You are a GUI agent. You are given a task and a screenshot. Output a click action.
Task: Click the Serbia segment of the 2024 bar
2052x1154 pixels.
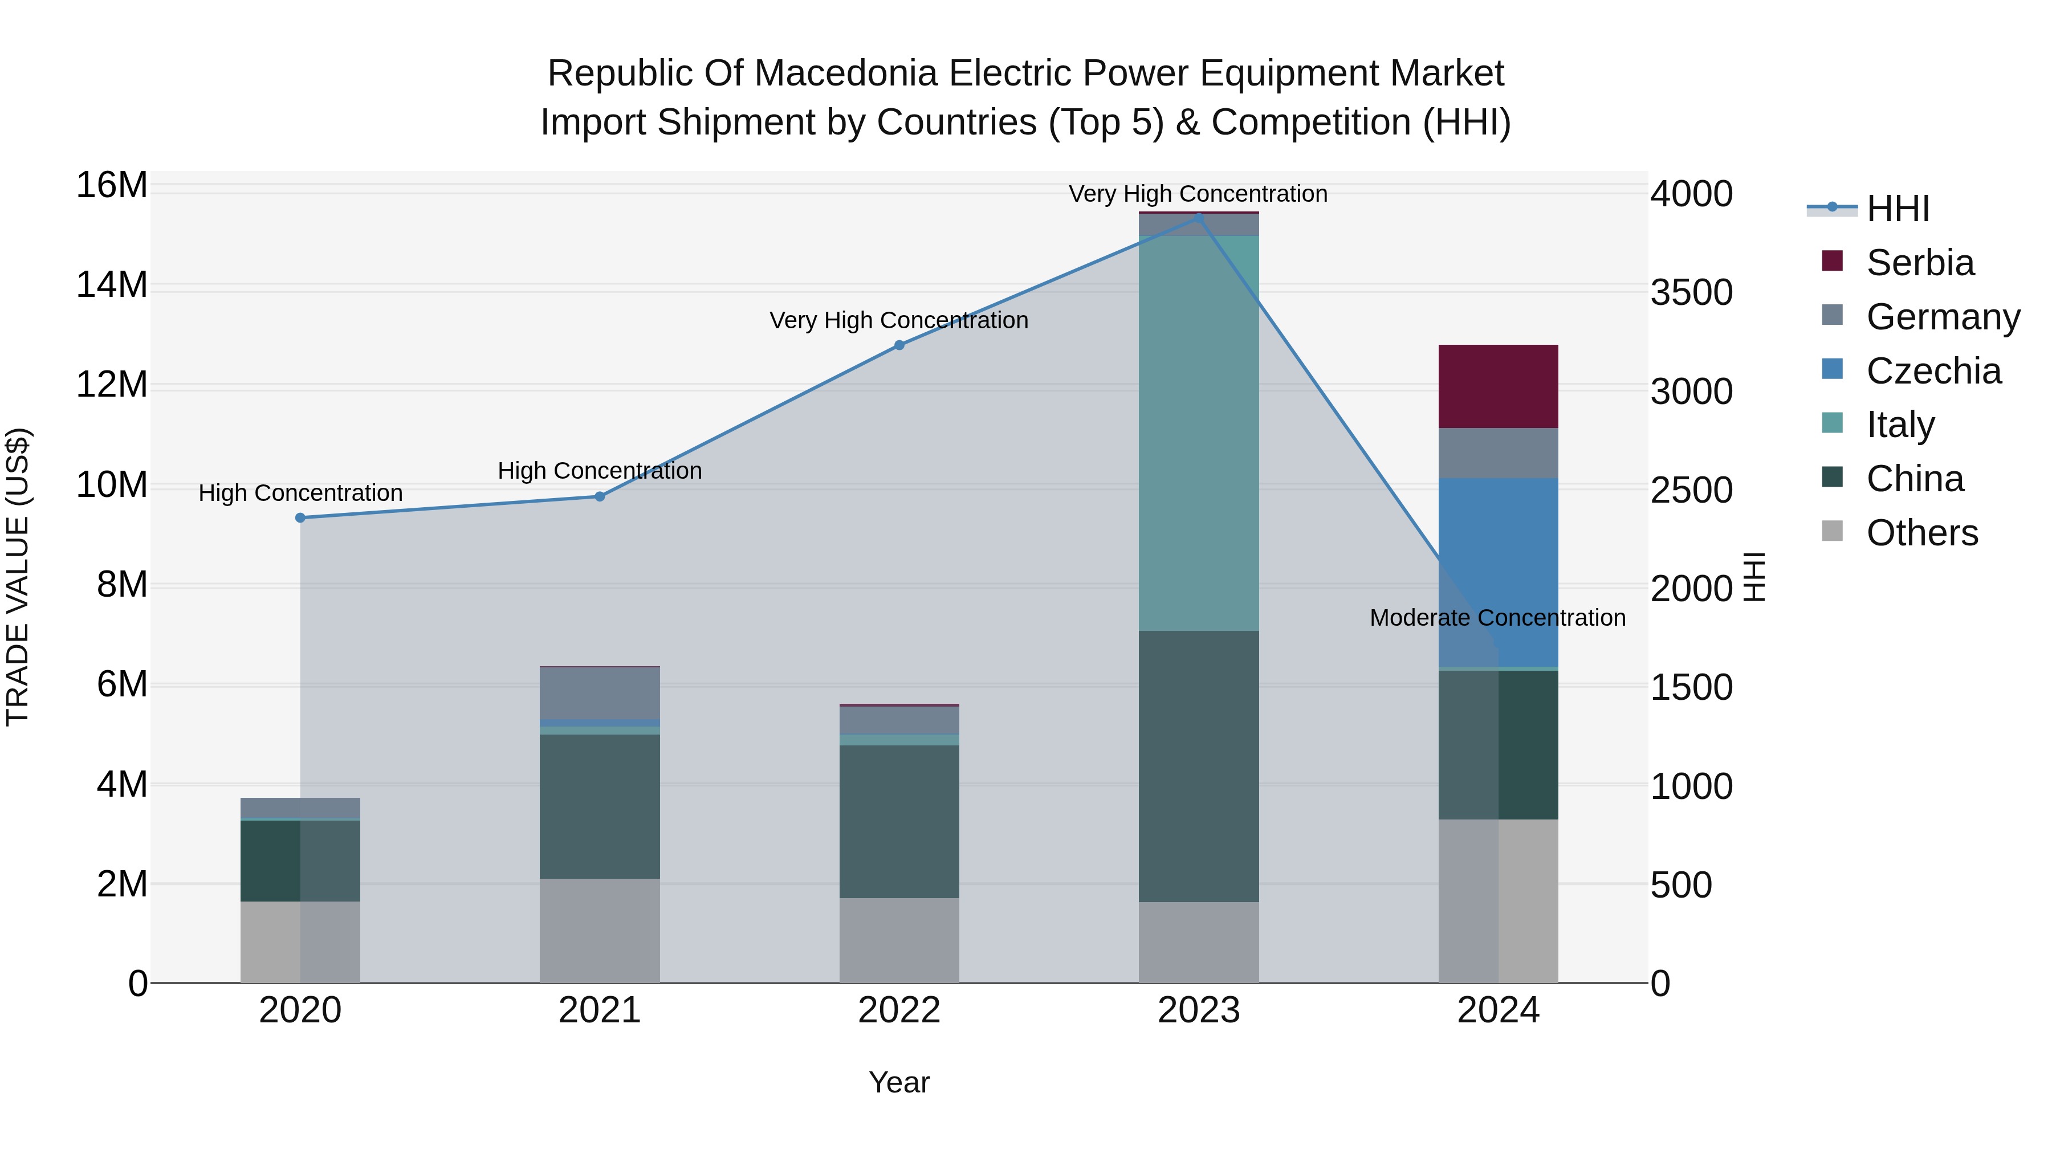(x=1497, y=386)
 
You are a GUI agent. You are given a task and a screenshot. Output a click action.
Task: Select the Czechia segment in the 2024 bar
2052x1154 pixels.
(x=1497, y=572)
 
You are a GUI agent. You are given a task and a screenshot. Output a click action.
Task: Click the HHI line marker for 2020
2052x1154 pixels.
(x=300, y=517)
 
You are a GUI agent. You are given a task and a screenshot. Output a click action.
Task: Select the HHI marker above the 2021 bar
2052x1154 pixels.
(x=600, y=496)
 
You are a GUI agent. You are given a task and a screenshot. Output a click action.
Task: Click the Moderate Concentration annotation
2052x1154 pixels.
(x=1497, y=617)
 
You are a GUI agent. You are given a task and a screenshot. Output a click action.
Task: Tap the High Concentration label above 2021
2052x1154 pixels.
(x=599, y=471)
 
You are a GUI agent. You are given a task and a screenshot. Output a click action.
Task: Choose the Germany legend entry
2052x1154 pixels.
(x=1942, y=317)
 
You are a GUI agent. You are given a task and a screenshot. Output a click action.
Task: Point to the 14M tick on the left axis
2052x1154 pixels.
(x=112, y=285)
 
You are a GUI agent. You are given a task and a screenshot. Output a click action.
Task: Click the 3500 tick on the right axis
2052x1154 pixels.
(x=1691, y=292)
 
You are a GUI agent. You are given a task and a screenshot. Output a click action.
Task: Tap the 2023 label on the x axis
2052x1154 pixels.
(x=1198, y=1010)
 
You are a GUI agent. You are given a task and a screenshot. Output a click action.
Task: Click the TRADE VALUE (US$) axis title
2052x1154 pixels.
(x=18, y=577)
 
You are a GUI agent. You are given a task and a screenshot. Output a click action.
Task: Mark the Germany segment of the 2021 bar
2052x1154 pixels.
(x=599, y=693)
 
